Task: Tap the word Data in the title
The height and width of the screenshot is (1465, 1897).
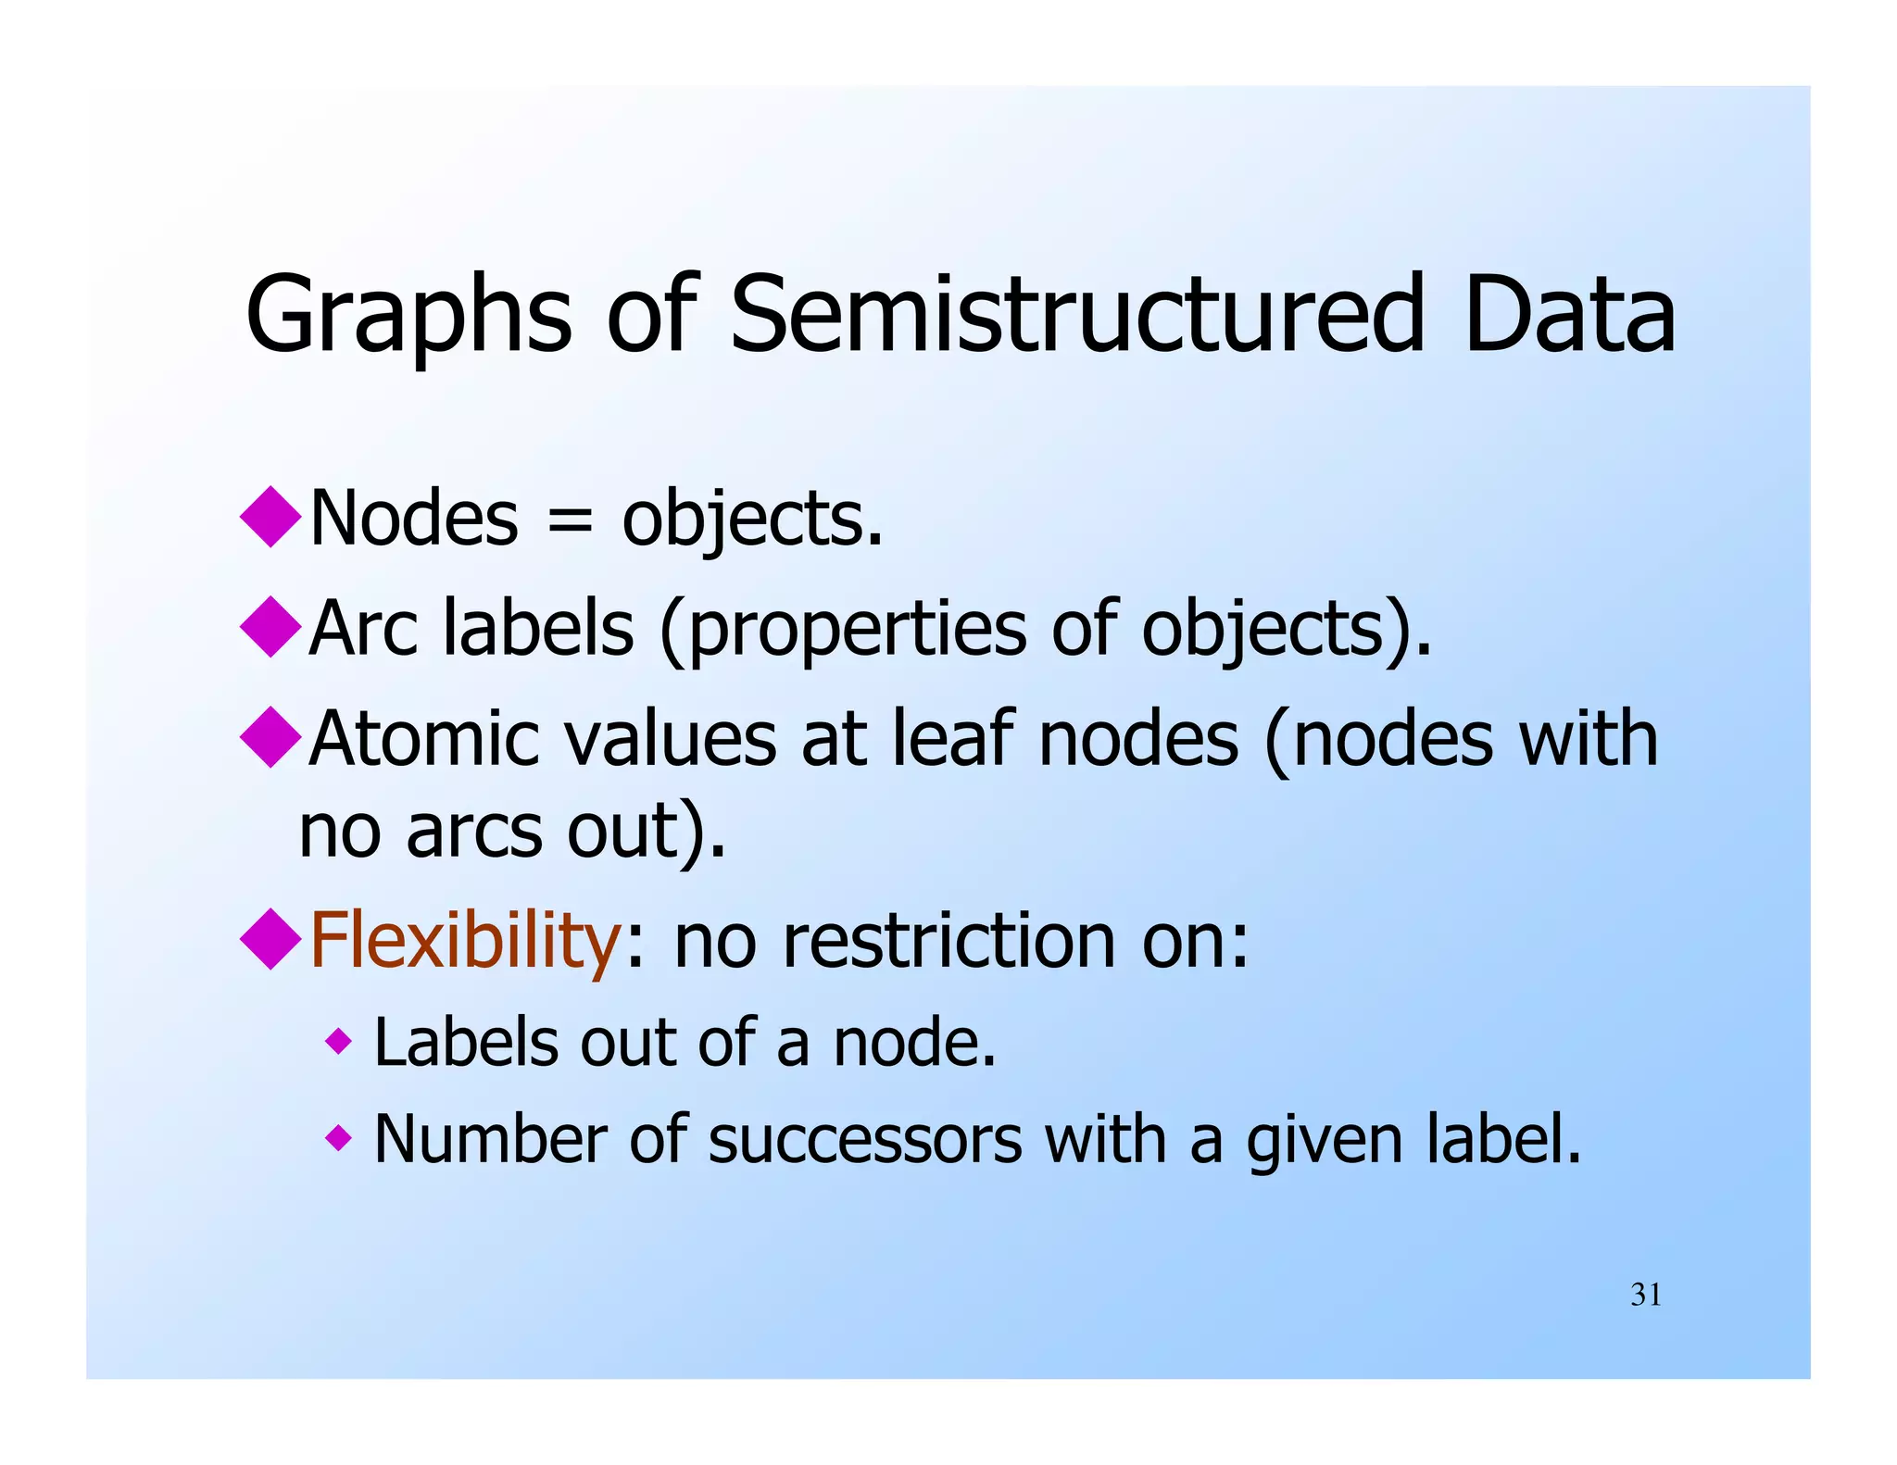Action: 1570,315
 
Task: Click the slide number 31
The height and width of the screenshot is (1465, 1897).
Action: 1645,1295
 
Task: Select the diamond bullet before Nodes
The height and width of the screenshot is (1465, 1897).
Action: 270,517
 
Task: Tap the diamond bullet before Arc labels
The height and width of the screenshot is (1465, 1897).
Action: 270,627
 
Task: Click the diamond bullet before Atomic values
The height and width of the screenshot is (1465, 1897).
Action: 270,737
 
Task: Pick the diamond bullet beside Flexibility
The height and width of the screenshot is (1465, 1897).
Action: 270,939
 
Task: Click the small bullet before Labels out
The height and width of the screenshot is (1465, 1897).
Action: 339,1043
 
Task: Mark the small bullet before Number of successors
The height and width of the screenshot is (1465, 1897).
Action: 339,1137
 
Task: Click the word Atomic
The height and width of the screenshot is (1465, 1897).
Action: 425,739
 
